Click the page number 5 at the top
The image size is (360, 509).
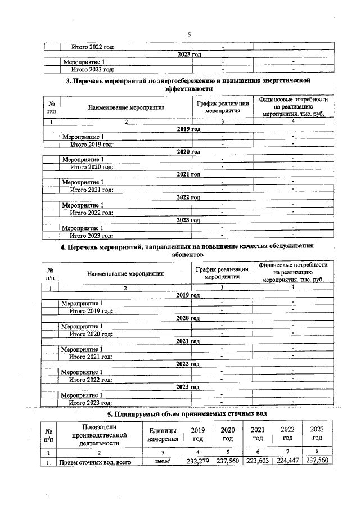189,35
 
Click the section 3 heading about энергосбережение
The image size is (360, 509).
189,85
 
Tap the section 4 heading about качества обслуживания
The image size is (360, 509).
189,250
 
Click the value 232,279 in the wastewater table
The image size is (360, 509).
197,461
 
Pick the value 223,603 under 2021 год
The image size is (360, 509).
258,461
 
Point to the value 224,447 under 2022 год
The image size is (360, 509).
287,461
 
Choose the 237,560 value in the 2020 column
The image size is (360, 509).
227,461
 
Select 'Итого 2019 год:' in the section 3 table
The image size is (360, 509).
92,145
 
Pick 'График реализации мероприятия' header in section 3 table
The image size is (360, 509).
223,107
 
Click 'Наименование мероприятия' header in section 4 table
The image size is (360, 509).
125,274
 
